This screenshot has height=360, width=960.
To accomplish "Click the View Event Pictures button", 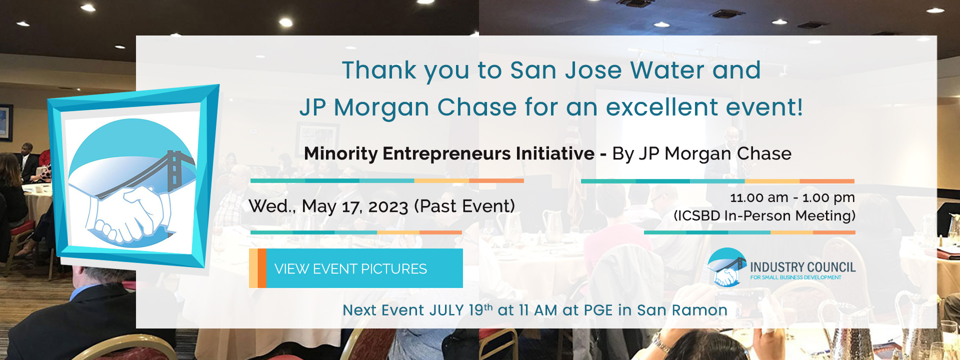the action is click(356, 268).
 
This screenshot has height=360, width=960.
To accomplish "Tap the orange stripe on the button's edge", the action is click(262, 268).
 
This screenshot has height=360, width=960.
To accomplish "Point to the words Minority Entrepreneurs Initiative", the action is click(449, 153).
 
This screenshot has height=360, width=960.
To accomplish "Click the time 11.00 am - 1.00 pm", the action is click(792, 197).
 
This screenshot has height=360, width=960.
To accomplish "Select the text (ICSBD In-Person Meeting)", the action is click(764, 215).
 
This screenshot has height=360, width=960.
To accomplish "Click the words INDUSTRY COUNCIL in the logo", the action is click(803, 267).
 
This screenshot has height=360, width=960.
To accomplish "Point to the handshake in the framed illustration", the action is click(127, 212).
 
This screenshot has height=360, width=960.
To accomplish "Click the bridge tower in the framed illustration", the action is click(174, 170).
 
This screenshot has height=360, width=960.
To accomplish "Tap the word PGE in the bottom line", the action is click(598, 310).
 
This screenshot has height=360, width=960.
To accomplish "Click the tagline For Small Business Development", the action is click(795, 277).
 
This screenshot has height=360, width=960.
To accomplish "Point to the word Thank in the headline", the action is click(379, 70).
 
